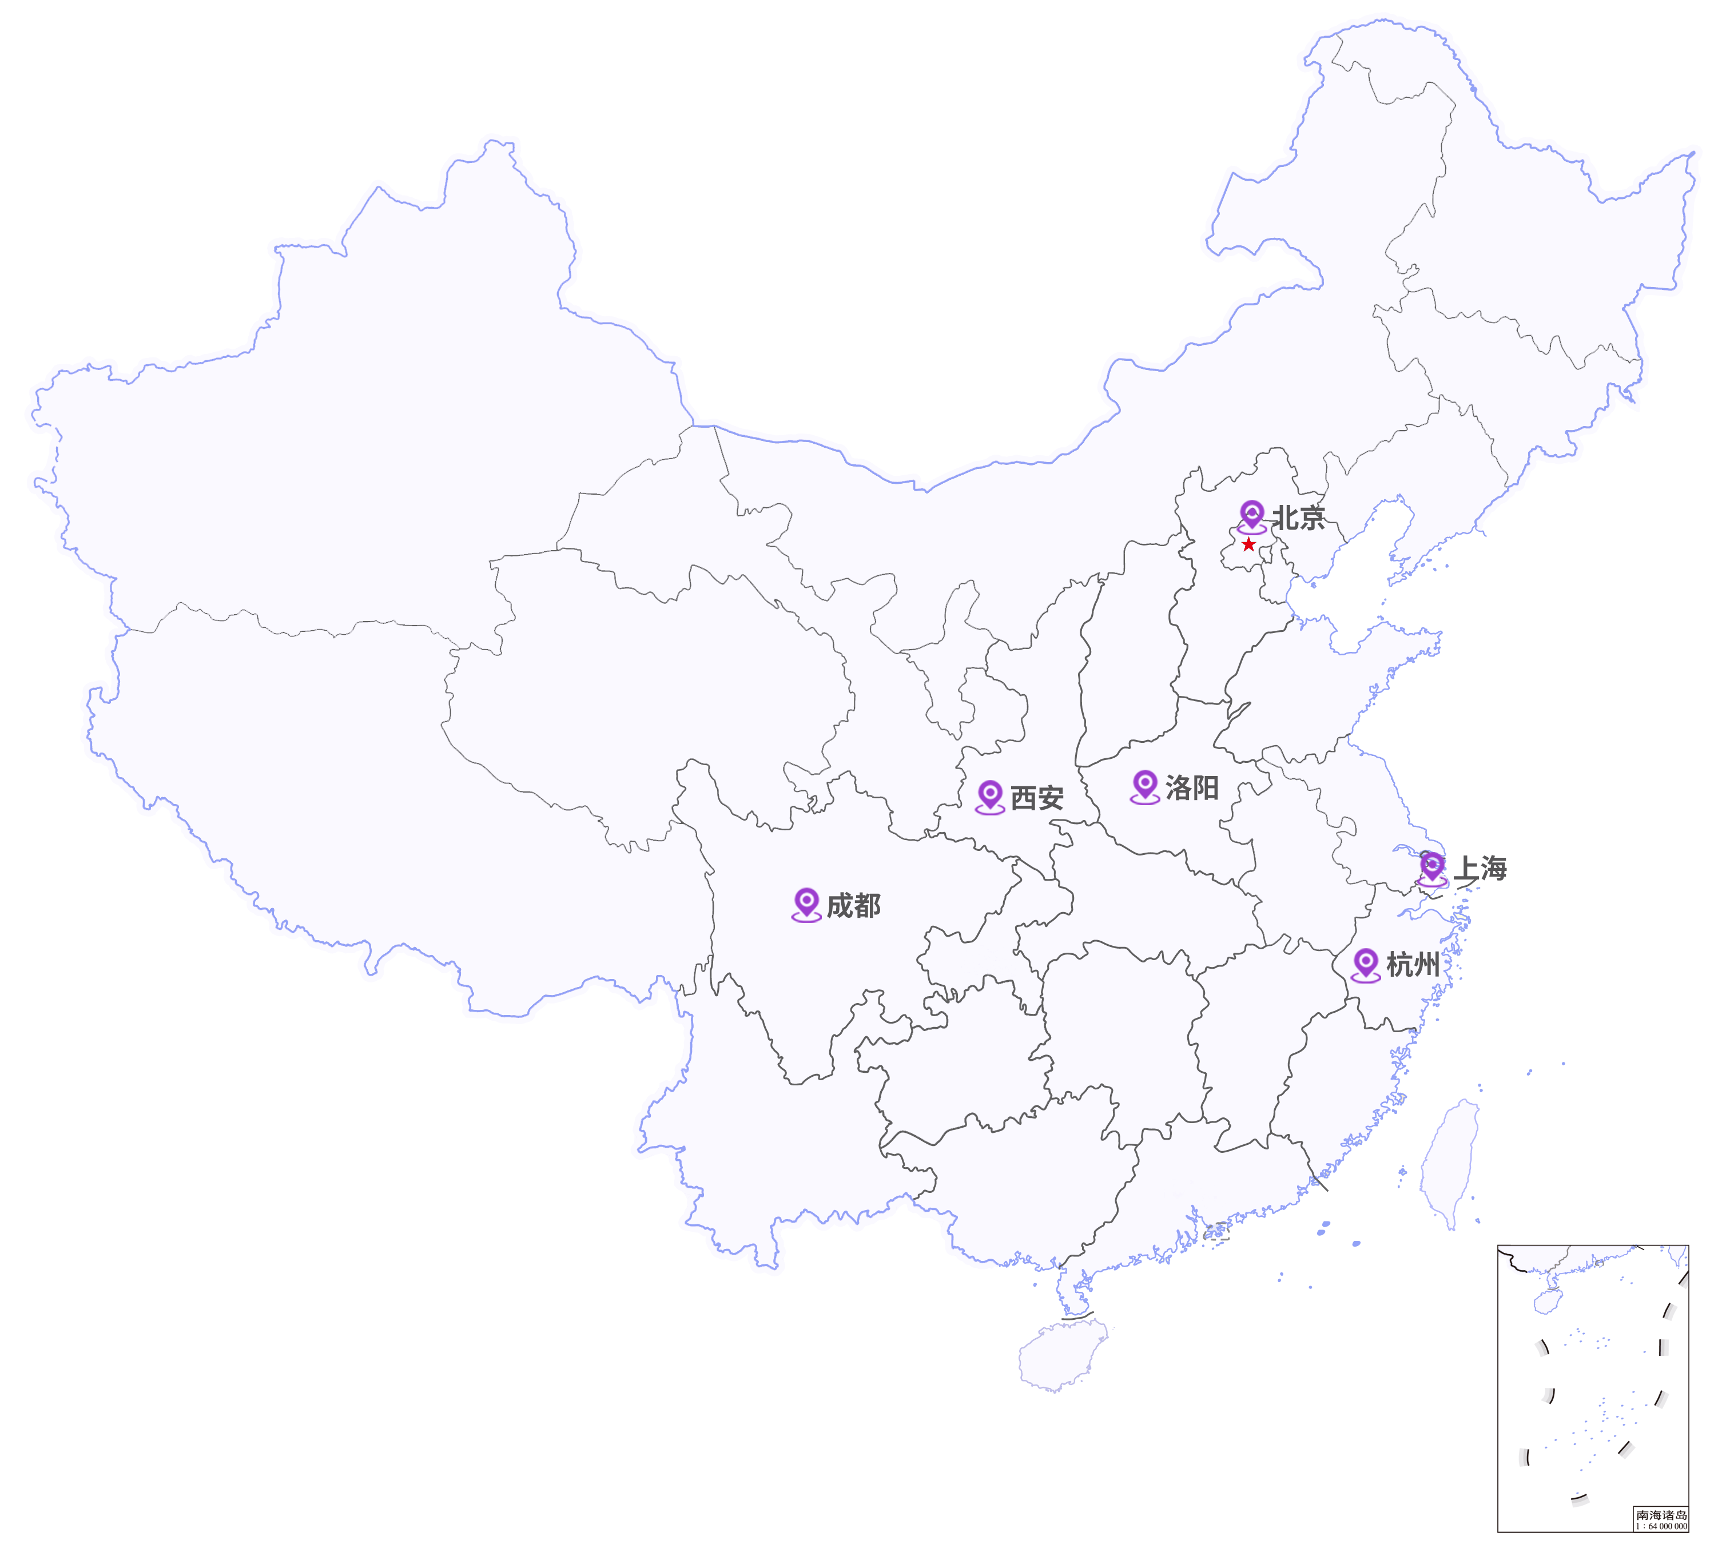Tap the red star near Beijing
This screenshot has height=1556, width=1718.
point(1248,544)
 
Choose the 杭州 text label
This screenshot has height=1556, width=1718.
point(1413,965)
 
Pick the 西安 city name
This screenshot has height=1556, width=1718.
point(1036,798)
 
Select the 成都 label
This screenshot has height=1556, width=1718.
point(853,906)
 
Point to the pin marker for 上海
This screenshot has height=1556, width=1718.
point(1433,867)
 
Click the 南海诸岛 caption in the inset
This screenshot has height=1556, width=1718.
point(1661,1515)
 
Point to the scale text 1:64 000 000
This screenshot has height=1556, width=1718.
point(1661,1526)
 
